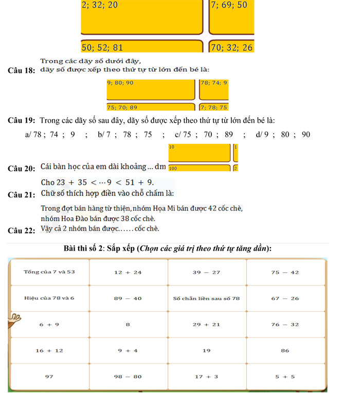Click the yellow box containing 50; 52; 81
141,47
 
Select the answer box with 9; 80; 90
152,89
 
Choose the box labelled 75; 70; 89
152,107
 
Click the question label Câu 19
21,121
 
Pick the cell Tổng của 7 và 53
49,272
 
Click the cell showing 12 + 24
128,272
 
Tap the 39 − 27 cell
206,272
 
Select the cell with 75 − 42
285,272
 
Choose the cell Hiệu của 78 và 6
49,298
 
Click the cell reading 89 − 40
128,298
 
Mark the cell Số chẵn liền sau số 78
206,298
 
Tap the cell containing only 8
128,324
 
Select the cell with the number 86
285,350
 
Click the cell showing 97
49,377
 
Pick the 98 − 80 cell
128,377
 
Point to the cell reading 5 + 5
285,377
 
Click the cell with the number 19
206,350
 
